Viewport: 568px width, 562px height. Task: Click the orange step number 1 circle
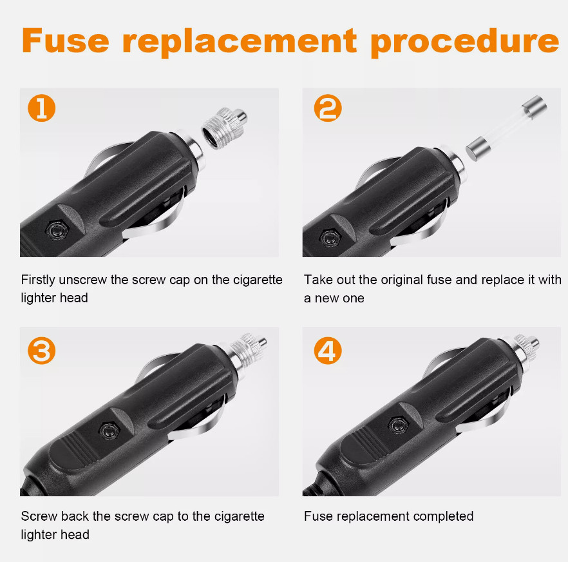pyautogui.click(x=42, y=108)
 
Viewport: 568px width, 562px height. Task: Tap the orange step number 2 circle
pyautogui.click(x=328, y=108)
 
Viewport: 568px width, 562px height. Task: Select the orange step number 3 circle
pyautogui.click(x=42, y=351)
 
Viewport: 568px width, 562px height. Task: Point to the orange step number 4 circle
pyautogui.click(x=328, y=351)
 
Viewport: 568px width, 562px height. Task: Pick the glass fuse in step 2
pyautogui.click(x=506, y=128)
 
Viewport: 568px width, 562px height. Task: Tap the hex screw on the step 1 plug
pyautogui.click(x=57, y=229)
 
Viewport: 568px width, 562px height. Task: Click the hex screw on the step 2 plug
pyautogui.click(x=330, y=238)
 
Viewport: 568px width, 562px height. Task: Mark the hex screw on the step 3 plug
pyautogui.click(x=109, y=431)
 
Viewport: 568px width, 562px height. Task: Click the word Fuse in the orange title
pyautogui.click(x=65, y=41)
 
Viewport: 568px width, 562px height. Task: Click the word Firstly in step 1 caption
pyautogui.click(x=38, y=280)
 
